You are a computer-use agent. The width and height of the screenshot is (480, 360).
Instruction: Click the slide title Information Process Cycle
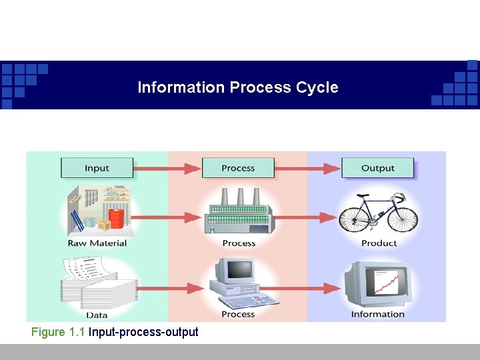[238, 87]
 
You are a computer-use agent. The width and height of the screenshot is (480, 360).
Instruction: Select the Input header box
[97, 168]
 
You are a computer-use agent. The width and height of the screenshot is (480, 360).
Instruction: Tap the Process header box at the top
[238, 168]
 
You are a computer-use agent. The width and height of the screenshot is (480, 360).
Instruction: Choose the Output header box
[378, 168]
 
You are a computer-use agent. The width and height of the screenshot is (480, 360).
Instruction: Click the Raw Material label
[97, 243]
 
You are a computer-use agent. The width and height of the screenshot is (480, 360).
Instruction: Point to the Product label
[379, 243]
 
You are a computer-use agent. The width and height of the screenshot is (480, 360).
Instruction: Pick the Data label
[97, 315]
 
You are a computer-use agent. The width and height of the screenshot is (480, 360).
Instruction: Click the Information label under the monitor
[378, 314]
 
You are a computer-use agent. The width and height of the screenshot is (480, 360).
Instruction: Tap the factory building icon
[238, 212]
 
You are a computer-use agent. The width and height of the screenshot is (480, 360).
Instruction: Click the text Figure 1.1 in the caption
[58, 331]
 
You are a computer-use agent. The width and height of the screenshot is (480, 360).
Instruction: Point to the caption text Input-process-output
[143, 331]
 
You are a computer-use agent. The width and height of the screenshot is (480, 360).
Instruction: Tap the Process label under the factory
[239, 243]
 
